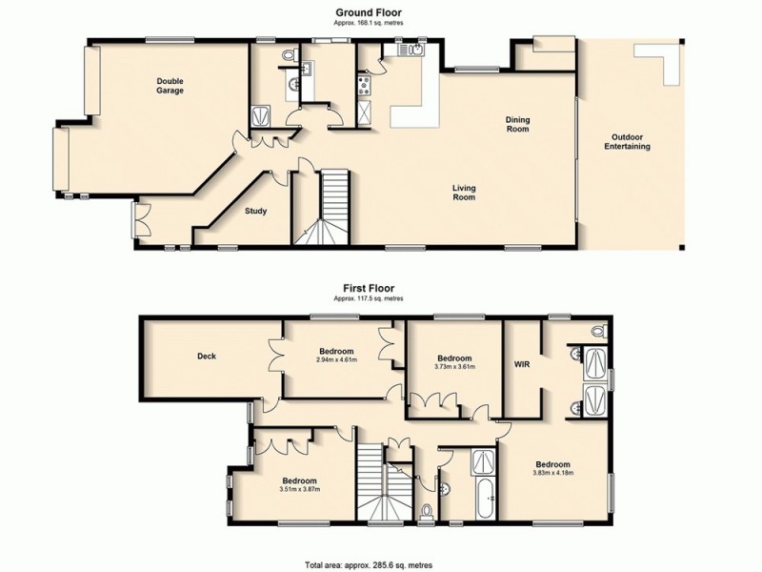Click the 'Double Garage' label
[x=170, y=86]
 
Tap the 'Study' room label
[x=255, y=212]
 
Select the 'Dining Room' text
[x=517, y=125]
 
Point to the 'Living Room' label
[x=464, y=194]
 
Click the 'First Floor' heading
[x=369, y=287]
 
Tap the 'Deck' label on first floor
[x=207, y=357]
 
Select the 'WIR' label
[x=521, y=363]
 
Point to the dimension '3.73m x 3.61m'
[x=453, y=366]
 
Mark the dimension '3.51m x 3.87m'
[x=298, y=489]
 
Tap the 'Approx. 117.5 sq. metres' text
[x=369, y=298]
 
